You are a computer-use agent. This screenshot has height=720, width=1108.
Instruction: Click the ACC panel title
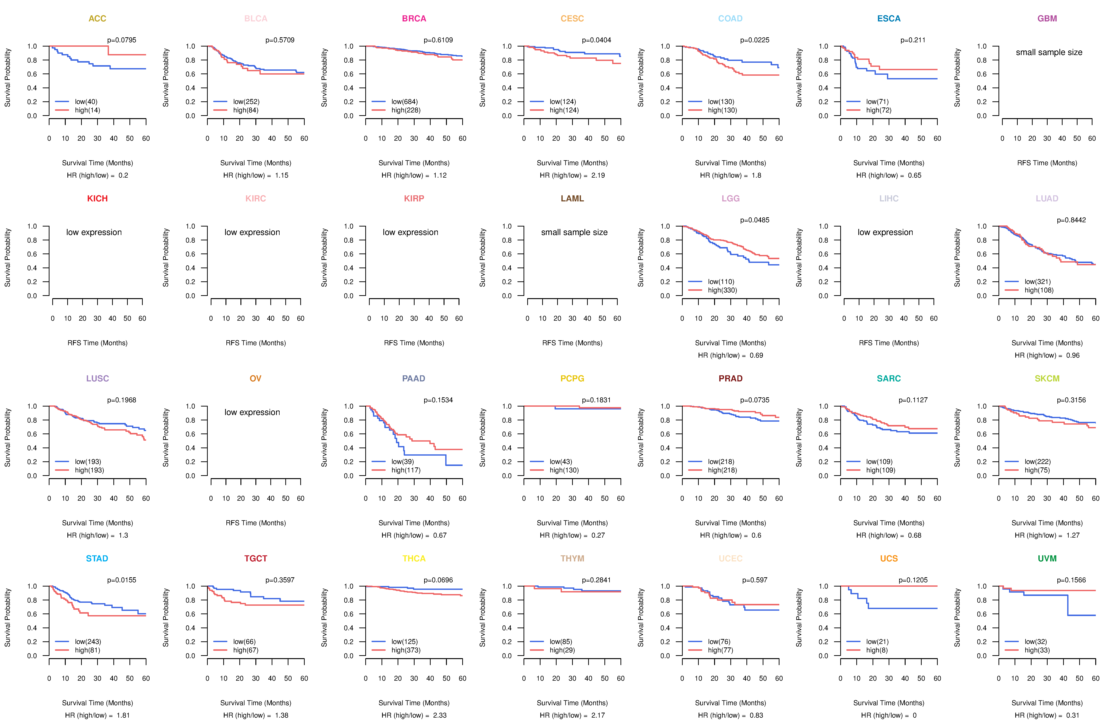coord(97,19)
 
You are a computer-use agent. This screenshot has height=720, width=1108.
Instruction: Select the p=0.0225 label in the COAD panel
coord(755,40)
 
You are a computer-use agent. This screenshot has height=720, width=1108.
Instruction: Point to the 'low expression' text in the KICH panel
coord(94,232)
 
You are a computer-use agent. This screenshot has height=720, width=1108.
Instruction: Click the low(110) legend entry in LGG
coord(721,282)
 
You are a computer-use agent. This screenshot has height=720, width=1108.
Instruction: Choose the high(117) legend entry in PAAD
coord(406,470)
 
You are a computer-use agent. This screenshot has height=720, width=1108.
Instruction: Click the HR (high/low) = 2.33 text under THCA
coord(414,715)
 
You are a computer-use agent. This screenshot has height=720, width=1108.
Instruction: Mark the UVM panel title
coord(1047,558)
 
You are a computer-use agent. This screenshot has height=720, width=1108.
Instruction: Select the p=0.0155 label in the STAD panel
coord(122,580)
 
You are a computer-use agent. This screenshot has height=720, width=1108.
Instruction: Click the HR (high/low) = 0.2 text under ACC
coord(97,175)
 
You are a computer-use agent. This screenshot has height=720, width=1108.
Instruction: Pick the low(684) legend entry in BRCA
coord(404,102)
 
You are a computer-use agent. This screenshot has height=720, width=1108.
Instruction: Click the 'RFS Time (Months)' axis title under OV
coord(256,523)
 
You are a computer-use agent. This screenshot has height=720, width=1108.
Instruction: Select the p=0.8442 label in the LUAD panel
coord(1071,220)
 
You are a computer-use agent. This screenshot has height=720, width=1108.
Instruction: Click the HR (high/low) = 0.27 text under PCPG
coord(572,535)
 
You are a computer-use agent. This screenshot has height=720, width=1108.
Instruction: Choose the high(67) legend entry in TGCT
coord(245,650)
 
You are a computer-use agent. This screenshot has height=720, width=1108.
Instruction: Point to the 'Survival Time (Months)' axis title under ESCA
coord(889,163)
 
